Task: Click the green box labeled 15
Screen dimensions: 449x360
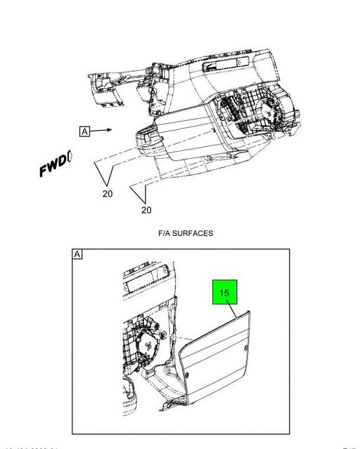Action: coord(225,293)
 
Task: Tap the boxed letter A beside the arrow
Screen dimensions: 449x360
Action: coord(85,131)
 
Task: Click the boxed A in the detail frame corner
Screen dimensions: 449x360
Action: coord(77,254)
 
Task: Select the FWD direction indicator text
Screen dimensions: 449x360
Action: coord(56,167)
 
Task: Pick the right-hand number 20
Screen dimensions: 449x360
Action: coord(146,209)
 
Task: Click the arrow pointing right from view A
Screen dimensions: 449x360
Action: coord(103,130)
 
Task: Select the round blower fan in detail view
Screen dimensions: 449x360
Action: coord(148,345)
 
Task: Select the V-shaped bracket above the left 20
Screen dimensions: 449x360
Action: coord(105,172)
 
